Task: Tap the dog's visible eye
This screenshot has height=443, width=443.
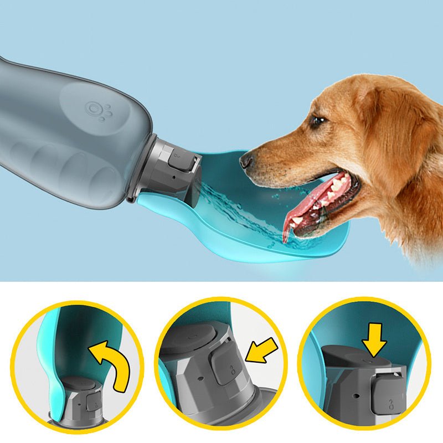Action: pyautogui.click(x=317, y=120)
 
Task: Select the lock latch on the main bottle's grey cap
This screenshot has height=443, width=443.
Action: pyautogui.click(x=178, y=163)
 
